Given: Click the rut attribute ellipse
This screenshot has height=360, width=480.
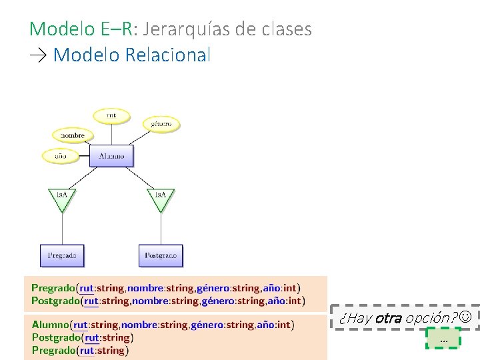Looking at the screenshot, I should point(111,115).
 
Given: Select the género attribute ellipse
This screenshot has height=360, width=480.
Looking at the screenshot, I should point(161,123).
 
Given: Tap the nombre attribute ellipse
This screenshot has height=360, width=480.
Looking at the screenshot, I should point(73,135).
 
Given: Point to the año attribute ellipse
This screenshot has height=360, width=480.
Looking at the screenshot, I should point(61,156).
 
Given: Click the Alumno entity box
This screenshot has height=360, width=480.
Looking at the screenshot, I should point(111,156).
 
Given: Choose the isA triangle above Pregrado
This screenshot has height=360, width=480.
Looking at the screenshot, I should point(62,197).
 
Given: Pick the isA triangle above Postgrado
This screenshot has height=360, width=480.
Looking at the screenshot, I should point(161,197).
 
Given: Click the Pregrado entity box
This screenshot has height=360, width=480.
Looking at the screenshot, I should point(62,255).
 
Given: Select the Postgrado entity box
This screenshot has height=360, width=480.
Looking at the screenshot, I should point(161,255).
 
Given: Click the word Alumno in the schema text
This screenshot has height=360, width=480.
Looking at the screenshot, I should point(51,325).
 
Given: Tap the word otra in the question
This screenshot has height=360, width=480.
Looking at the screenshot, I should point(388,318).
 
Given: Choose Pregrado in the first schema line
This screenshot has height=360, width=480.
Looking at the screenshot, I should point(53,289).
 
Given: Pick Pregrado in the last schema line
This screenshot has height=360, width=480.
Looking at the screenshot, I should point(53,350).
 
